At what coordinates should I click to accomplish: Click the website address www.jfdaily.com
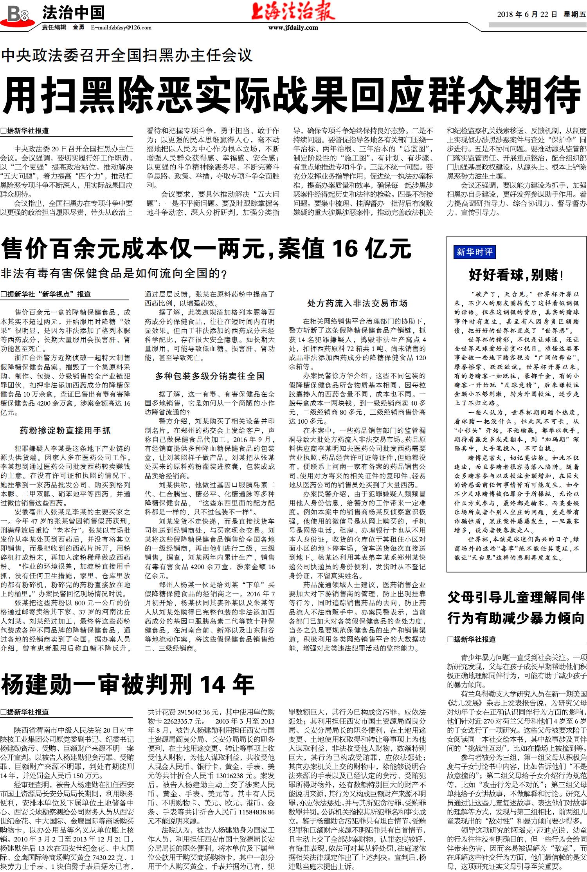pos(293,27)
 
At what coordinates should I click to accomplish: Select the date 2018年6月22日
pos(527,14)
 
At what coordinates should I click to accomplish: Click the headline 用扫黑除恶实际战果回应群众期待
pos(292,95)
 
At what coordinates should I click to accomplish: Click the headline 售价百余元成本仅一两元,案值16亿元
pos(206,248)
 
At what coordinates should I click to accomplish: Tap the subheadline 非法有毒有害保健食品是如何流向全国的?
pos(114,273)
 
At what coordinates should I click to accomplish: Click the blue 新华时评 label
pos(474,252)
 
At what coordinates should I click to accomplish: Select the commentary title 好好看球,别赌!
pos(516,275)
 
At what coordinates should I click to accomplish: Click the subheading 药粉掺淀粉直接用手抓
pos(65,431)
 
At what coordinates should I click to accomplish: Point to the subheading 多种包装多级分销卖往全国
pos(210,376)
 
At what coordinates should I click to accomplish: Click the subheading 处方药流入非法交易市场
pos(357,303)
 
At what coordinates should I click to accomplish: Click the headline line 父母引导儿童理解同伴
pos(516,598)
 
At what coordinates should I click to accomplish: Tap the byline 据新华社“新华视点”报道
pos(46,294)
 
